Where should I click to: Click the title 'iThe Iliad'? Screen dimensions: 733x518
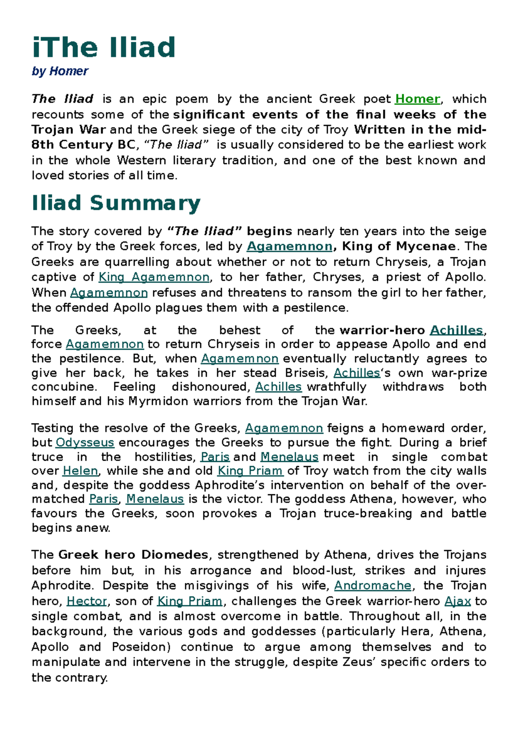pyautogui.click(x=104, y=47)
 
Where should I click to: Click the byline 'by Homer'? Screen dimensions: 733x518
pyautogui.click(x=60, y=71)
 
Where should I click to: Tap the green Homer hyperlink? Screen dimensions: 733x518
pyautogui.click(x=417, y=99)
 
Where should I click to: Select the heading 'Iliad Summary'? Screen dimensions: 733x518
pyautogui.click(x=116, y=203)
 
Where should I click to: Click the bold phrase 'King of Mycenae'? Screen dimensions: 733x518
pyautogui.click(x=398, y=246)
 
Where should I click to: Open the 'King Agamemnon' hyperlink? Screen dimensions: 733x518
pyautogui.click(x=154, y=277)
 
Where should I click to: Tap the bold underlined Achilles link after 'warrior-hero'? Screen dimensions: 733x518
pyautogui.click(x=456, y=330)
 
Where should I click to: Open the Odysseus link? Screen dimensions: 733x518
pyautogui.click(x=85, y=442)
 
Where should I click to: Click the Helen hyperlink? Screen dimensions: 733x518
pyautogui.click(x=81, y=471)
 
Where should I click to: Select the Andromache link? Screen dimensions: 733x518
pyautogui.click(x=373, y=585)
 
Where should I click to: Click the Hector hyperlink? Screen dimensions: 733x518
pyautogui.click(x=87, y=601)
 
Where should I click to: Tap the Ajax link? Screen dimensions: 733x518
pyautogui.click(x=458, y=601)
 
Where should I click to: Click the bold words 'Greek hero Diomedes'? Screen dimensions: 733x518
pyautogui.click(x=133, y=555)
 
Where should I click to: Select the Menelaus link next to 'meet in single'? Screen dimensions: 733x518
pyautogui.click(x=289, y=457)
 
